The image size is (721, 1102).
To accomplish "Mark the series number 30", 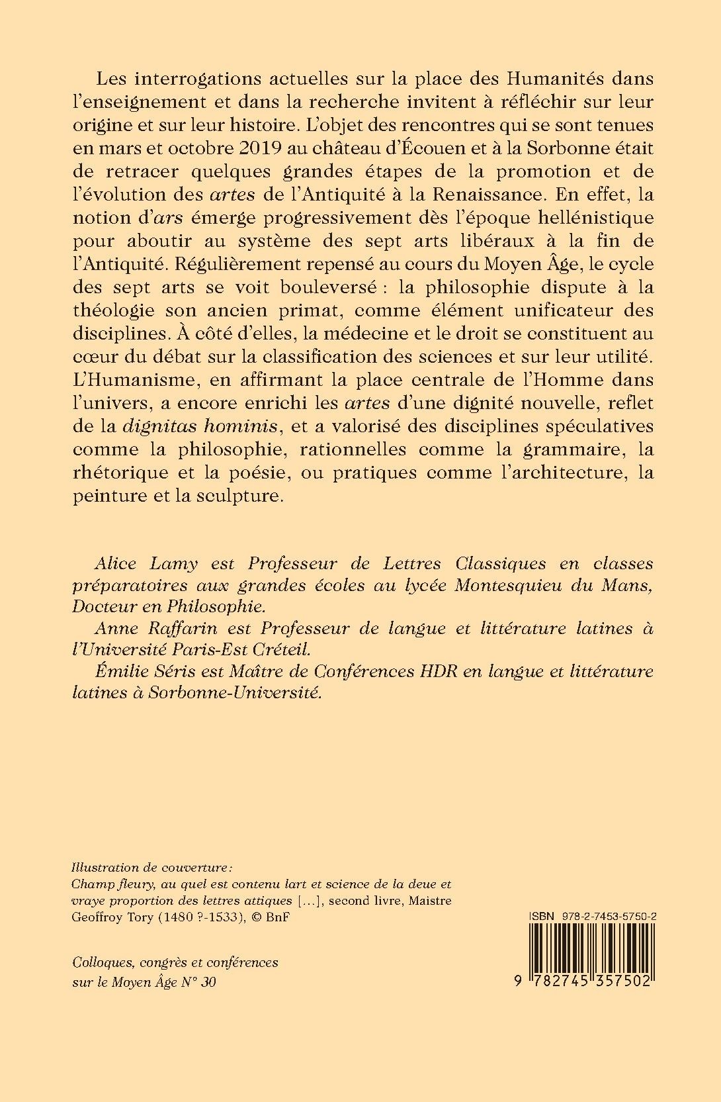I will click(206, 982).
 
